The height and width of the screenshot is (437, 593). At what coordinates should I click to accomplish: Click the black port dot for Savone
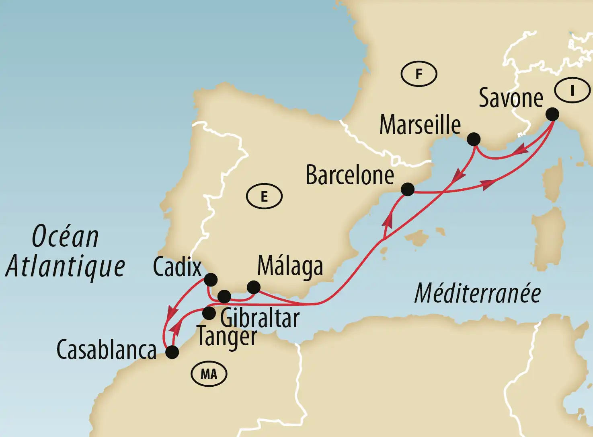pos(552,114)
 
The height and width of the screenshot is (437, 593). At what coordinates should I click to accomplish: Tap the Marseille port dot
pos(474,139)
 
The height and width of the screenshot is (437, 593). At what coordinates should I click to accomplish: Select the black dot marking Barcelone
pos(408,189)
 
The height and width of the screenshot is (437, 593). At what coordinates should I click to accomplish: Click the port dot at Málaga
pos(254,287)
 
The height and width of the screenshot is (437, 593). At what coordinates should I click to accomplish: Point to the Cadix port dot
pos(211,279)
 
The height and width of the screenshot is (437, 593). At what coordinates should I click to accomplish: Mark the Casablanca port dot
pos(172,352)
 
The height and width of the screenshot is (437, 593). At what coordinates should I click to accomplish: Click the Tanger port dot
pos(209,313)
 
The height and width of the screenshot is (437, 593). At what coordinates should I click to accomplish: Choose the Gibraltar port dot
pos(224,297)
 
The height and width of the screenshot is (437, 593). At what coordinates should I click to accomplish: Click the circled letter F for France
pos(419,74)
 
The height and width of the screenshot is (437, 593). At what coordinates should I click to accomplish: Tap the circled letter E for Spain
pos(264,196)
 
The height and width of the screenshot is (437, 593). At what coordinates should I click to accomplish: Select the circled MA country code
pos(209,374)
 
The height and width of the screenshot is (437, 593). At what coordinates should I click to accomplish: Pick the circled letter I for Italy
pos(572,90)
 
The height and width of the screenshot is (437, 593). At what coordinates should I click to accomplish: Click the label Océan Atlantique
pos(66,251)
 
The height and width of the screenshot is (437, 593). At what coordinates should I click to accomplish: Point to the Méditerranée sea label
pos(477,293)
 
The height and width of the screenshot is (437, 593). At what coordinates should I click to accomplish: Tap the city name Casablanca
pos(106,350)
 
